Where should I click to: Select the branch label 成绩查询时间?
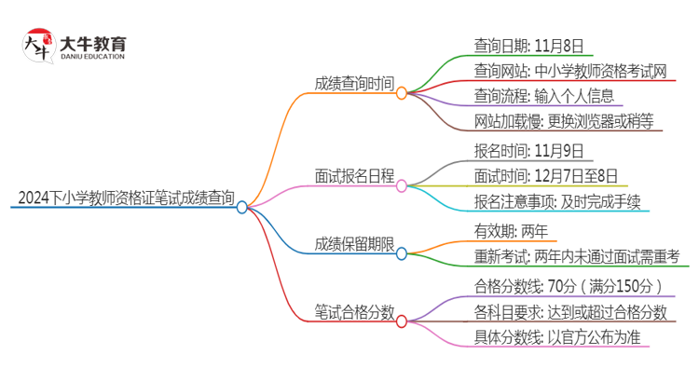tap(353, 83)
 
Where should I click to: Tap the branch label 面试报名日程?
tap(353, 174)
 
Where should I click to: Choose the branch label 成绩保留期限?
tap(353, 245)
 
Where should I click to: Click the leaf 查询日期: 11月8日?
tap(515, 44)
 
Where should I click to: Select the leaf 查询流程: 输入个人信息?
tap(542, 96)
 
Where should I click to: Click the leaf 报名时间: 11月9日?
tap(515, 149)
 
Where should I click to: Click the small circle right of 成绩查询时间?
tap(402, 93)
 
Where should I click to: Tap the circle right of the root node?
tap(242, 208)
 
